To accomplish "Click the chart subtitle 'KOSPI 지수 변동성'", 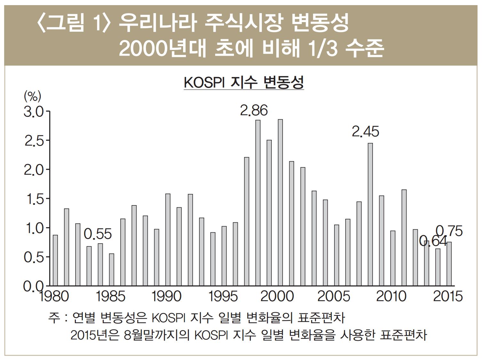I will pos(244,83).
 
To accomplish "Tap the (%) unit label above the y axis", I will pos(32,96).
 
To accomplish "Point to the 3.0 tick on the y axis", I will pos(34,112).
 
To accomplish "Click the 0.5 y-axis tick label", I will pos(34,258).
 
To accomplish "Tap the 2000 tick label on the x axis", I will pos(277,296).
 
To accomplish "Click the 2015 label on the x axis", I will pos(447,296).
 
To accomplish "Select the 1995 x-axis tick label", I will pos(223,296).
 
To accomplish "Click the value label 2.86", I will pos(254,110).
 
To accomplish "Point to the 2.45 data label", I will pos(365,132).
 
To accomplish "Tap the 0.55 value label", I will pos(98,234).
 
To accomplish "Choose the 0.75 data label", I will pos(449,231).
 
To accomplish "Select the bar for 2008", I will pos(370,214).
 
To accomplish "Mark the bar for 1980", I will pos(55,260).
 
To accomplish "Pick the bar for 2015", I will pos(449,264).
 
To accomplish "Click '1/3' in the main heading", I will pos(323,49).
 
